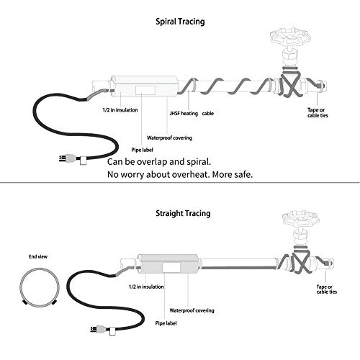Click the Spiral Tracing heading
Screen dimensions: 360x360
[x=180, y=22]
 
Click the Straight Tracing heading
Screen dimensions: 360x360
[x=183, y=213]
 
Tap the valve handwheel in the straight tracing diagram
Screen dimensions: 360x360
[x=301, y=218]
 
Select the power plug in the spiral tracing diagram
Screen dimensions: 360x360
[x=73, y=159]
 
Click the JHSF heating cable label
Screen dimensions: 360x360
[x=192, y=113]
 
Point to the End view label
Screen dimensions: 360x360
[x=38, y=256]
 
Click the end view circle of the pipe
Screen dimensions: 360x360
[x=39, y=269]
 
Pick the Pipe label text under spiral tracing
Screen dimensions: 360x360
[x=142, y=150]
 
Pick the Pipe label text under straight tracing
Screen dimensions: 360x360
[x=166, y=323]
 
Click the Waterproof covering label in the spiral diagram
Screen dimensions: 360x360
[x=169, y=138]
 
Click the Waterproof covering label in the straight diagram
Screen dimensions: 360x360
[x=192, y=310]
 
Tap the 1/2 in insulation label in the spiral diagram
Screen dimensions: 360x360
[x=120, y=110]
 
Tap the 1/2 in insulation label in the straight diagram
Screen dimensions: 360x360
[x=146, y=287]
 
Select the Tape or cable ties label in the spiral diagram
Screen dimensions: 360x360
[x=318, y=112]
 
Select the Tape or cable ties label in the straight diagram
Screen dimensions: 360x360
[x=327, y=289]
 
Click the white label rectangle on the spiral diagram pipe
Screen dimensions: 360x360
[x=145, y=90]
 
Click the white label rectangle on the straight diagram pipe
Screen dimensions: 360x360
[x=171, y=267]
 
